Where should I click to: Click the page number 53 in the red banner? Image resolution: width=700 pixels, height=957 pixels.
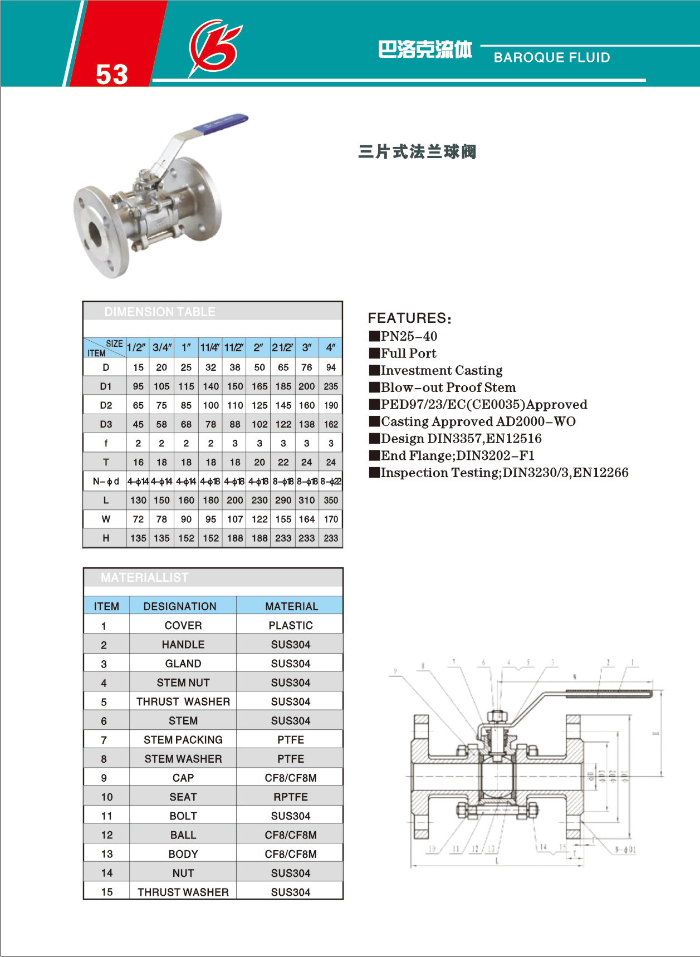(x=112, y=74)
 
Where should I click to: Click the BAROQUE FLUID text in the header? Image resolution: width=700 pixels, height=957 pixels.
(x=551, y=57)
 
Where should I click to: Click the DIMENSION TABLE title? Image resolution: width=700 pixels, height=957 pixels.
(x=159, y=312)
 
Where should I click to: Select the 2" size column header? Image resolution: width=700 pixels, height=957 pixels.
(x=258, y=347)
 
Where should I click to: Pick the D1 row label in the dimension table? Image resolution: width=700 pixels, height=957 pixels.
(x=106, y=386)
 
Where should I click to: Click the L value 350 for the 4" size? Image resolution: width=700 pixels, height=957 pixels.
(x=331, y=500)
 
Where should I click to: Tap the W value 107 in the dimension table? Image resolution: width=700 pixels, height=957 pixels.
(x=235, y=519)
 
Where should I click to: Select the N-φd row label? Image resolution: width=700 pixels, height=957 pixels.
(x=106, y=481)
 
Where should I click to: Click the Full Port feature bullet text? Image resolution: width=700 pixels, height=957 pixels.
(x=408, y=354)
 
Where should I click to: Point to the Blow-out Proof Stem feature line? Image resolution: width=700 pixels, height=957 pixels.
(x=448, y=387)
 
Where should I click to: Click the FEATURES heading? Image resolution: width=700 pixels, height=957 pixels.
(x=409, y=318)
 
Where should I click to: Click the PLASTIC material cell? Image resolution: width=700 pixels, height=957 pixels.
(x=291, y=625)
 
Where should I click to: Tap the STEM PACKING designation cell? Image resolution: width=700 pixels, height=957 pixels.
(x=183, y=739)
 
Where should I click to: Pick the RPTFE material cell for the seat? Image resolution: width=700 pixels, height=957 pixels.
(x=291, y=797)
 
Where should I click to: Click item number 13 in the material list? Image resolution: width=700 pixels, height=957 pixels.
(x=107, y=854)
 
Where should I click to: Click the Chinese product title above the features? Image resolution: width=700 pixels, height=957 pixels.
(x=417, y=152)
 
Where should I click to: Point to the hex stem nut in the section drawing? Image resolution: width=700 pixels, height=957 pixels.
(x=496, y=715)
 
